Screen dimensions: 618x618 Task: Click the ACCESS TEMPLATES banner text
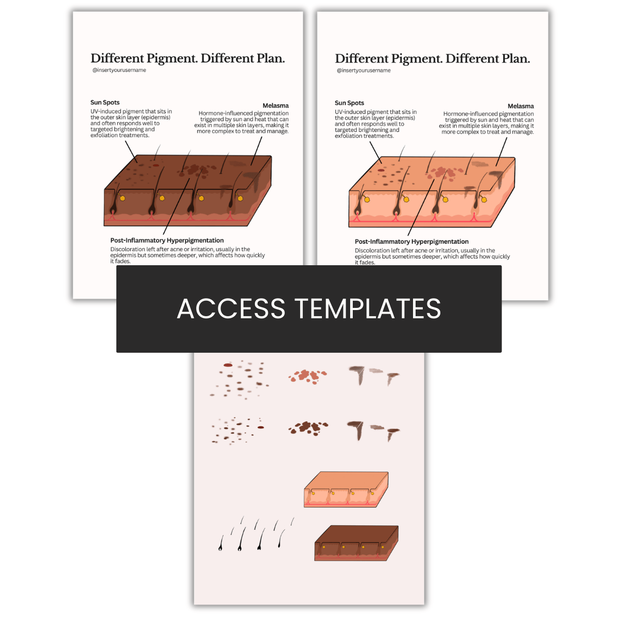(309, 308)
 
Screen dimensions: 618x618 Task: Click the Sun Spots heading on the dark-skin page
(105, 102)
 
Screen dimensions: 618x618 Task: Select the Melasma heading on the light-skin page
(521, 106)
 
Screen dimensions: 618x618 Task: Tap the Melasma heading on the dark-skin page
(276, 106)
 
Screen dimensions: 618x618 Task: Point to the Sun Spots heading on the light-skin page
(349, 103)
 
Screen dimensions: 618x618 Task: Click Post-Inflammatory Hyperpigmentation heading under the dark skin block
(167, 241)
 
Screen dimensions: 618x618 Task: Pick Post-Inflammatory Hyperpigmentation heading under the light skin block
(411, 242)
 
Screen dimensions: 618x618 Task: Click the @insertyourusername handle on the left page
(119, 70)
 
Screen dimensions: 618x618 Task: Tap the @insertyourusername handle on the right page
(364, 71)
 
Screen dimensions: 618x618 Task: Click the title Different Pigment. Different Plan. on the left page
(187, 58)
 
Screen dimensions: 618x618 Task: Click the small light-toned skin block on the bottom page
(346, 490)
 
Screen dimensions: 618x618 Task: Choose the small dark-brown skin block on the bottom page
(356, 543)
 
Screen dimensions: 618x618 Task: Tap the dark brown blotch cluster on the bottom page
(308, 428)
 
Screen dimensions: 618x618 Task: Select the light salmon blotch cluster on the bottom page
(308, 376)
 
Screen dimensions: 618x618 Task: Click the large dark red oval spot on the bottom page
(228, 365)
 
